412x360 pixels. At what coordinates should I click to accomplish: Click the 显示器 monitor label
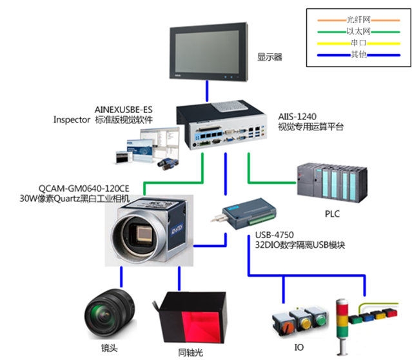(x=270, y=57)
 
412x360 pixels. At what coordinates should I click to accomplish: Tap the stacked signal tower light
(x=342, y=326)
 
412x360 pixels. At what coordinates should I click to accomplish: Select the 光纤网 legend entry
(x=357, y=20)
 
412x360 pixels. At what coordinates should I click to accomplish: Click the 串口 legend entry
(x=357, y=43)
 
